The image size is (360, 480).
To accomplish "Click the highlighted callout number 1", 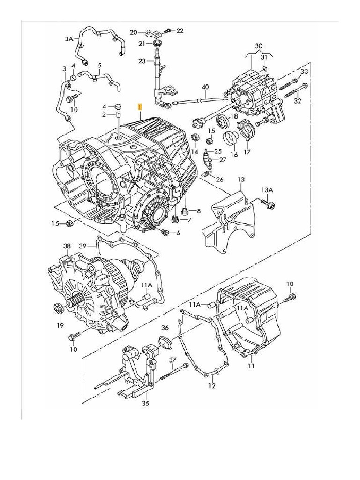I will coord(139,107).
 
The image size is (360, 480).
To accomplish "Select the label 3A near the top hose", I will coord(69,39).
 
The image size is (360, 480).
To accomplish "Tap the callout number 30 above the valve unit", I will coord(259,46).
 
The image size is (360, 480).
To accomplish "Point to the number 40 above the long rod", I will coord(205,87).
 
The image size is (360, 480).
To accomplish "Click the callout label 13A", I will coord(267,190).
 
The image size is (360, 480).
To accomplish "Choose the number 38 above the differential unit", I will coord(67,246).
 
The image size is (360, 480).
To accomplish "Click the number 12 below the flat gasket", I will coord(211,386).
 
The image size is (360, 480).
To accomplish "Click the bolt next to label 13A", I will coord(269,204).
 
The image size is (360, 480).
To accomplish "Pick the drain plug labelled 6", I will coord(165,232).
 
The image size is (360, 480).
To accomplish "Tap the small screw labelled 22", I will coord(167,31).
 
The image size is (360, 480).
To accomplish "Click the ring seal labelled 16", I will coord(231,139).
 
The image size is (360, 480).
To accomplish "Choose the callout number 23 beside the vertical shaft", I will coord(142,60).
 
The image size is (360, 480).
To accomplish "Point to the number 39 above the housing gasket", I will coord(83,246).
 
